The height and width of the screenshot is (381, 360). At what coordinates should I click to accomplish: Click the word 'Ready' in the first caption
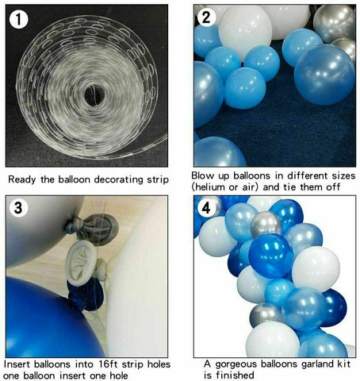tap(24, 180)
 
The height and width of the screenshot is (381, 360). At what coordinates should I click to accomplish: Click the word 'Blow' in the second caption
tap(205, 175)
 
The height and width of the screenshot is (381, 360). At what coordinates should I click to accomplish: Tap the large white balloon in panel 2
tap(245, 29)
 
